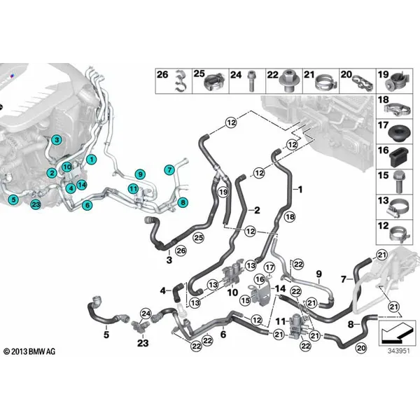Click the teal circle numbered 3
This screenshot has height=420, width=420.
click(57, 139)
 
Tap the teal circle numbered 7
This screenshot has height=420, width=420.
click(169, 169)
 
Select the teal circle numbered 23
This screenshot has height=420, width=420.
click(36, 204)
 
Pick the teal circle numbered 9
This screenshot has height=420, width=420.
click(140, 174)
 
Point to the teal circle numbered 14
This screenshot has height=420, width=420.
click(82, 185)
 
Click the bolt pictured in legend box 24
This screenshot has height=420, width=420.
click(251, 80)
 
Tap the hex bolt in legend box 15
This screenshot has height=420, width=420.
click(399, 183)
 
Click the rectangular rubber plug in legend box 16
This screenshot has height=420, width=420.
click(400, 157)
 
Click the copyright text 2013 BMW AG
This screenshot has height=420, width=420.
click(29, 351)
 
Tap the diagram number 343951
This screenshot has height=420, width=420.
click(398, 351)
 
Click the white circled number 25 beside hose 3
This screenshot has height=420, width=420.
click(199, 237)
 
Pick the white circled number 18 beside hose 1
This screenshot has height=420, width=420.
click(290, 216)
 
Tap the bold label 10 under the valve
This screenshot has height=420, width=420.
click(232, 292)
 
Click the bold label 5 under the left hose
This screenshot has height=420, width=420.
click(106, 335)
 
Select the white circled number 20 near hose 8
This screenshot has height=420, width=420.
click(361, 348)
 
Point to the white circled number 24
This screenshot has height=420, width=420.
click(146, 314)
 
